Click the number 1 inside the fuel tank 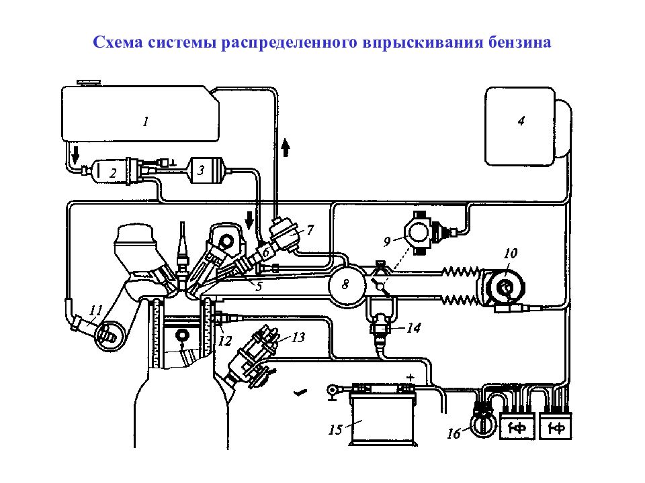(x=144, y=121)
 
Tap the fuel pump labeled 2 (x=114, y=172)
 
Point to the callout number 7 (x=310, y=229)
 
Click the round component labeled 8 (x=345, y=284)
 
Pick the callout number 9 (x=387, y=239)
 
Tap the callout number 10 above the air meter (x=510, y=254)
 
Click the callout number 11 (x=95, y=310)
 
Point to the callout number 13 (x=297, y=337)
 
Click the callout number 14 (x=414, y=329)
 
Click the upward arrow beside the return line (x=286, y=146)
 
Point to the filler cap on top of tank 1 (x=87, y=83)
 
